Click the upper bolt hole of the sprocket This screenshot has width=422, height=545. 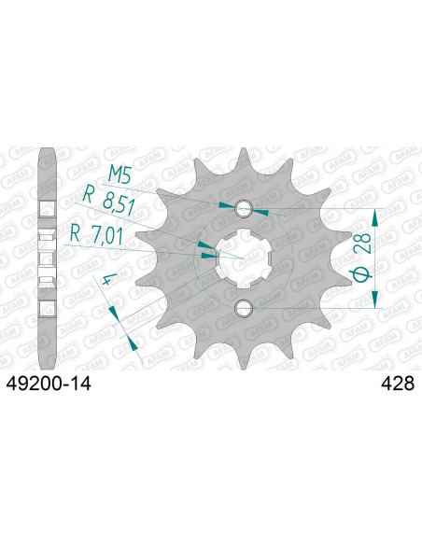(244, 207)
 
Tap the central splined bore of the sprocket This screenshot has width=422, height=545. (244, 256)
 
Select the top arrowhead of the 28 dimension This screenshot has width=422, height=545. (375, 216)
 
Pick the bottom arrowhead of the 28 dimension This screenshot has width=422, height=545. (375, 297)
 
